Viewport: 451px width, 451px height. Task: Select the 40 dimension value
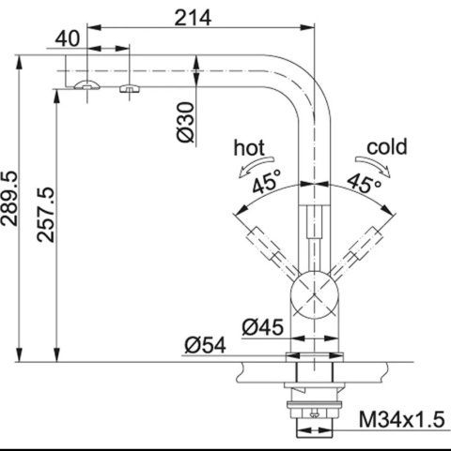tap(68, 39)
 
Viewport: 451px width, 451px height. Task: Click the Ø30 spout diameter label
tap(187, 122)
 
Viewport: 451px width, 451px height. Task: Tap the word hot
tap(251, 147)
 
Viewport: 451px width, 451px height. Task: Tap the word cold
tap(387, 147)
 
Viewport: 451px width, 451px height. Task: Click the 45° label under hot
tap(266, 184)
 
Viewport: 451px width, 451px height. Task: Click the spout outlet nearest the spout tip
tap(86, 85)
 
